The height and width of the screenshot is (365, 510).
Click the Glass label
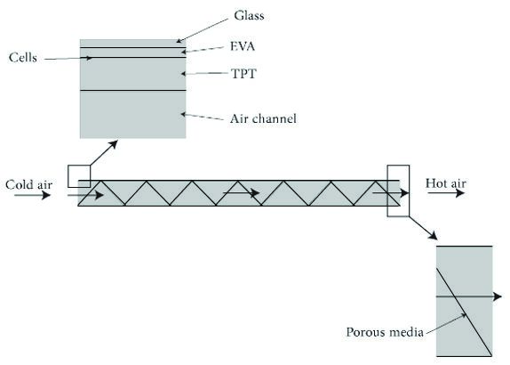[249, 16]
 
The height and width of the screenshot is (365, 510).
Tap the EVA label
[243, 46]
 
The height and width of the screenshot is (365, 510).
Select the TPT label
[243, 74]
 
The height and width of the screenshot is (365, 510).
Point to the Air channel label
[263, 118]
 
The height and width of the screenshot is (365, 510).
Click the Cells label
[23, 57]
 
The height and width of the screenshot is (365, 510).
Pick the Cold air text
[28, 184]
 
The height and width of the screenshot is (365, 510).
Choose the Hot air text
[446, 183]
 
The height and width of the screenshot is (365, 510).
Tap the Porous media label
[385, 332]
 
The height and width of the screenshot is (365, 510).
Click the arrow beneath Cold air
[32, 195]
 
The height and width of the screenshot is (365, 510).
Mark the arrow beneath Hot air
[446, 193]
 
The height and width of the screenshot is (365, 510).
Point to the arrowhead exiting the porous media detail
[498, 296]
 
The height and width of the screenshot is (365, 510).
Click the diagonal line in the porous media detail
[464, 312]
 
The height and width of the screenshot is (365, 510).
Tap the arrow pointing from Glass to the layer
[202, 30]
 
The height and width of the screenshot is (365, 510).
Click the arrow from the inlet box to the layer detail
[104, 153]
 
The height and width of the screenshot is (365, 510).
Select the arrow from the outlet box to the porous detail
[423, 228]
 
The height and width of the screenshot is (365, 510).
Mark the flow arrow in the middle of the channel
[242, 192]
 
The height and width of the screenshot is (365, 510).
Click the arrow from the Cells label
[68, 59]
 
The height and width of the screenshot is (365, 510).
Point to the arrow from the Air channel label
[203, 117]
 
